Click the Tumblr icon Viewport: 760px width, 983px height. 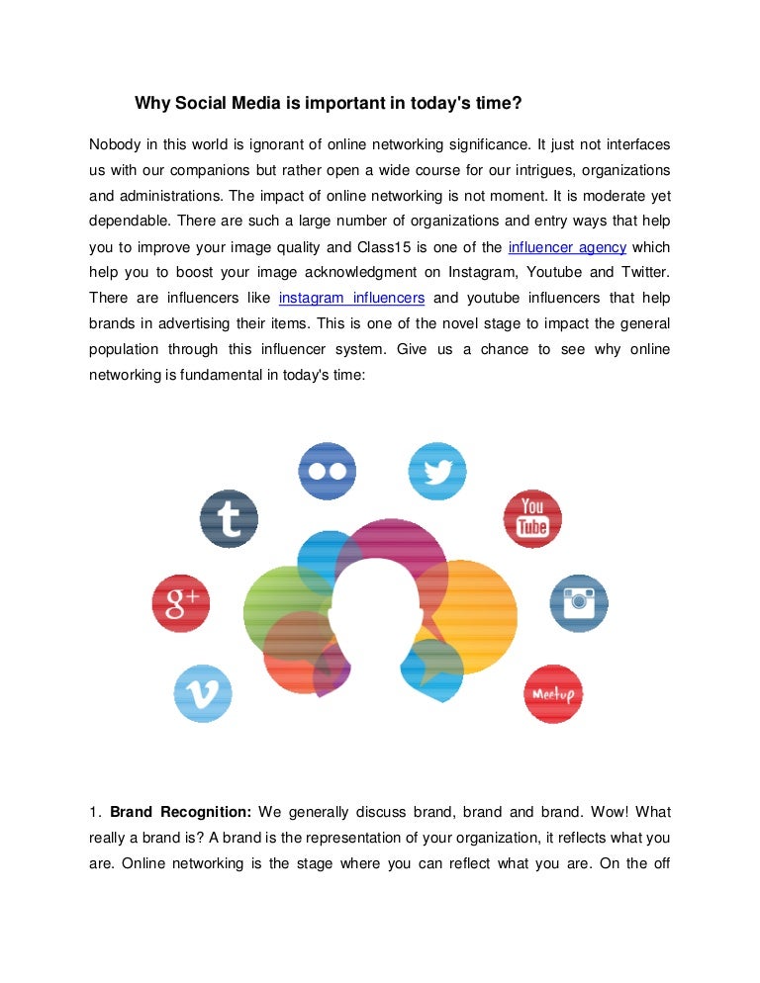[229, 519]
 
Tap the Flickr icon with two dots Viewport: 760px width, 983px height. [328, 471]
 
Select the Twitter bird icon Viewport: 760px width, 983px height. [437, 471]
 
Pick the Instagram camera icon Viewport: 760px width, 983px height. [579, 602]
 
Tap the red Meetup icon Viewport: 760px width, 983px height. [554, 693]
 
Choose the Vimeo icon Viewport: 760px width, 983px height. [203, 693]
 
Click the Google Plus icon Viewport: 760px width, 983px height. [181, 603]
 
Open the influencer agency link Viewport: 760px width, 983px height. [566, 246]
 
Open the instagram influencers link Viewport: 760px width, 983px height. [351, 298]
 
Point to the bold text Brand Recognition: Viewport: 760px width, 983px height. [181, 812]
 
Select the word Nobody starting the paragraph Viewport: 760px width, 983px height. [115, 143]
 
